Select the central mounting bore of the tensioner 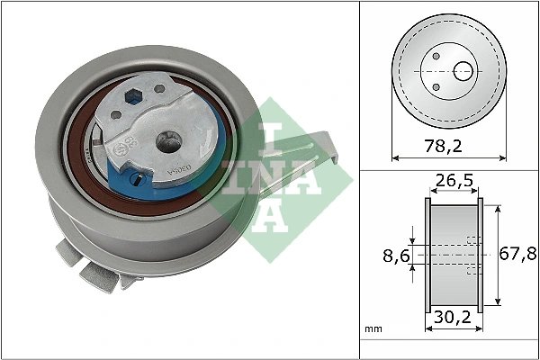click(167, 141)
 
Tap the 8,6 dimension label click(389, 256)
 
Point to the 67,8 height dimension click(517, 254)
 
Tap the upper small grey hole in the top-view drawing click(436, 56)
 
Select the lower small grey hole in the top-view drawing click(436, 85)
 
